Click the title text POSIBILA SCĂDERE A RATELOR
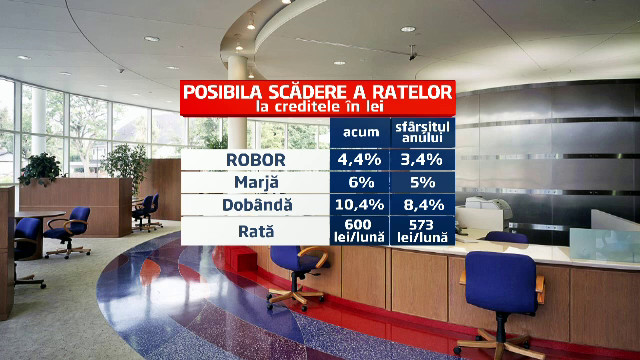click(x=317, y=92)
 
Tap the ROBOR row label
click(x=256, y=158)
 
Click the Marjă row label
click(x=256, y=182)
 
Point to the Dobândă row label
click(x=256, y=206)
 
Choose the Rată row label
click(x=256, y=231)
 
